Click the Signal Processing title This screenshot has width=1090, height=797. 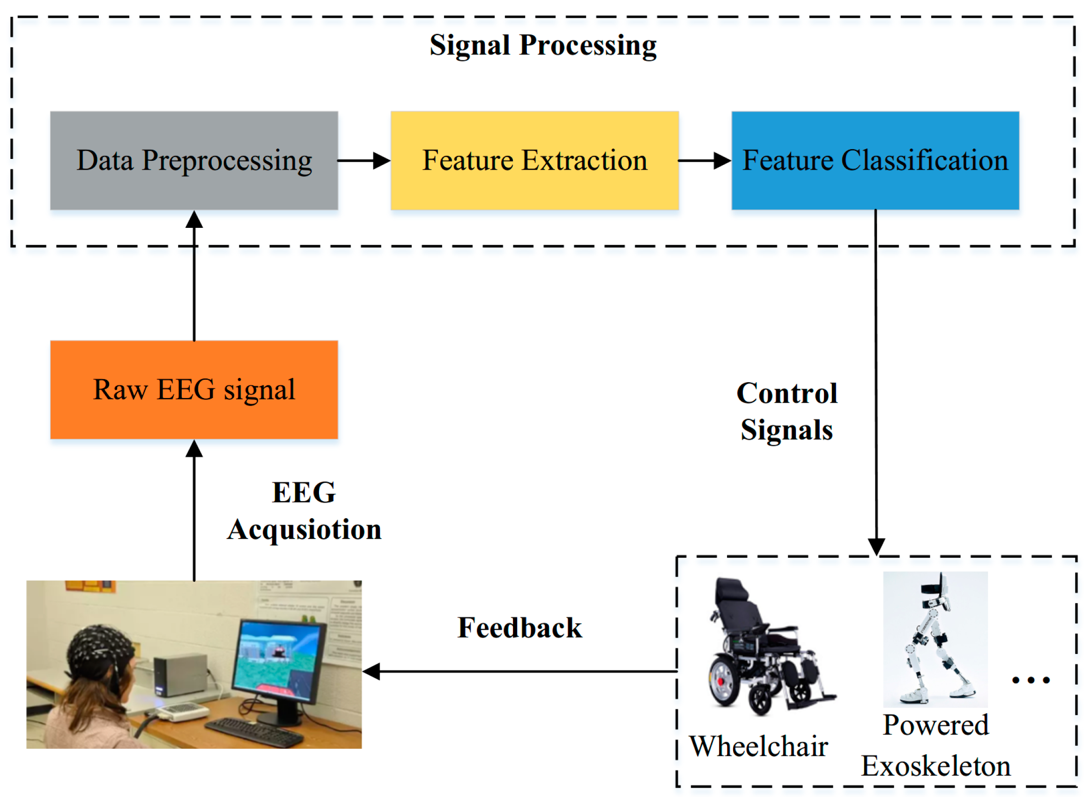(543, 45)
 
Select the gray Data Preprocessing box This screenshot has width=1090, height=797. (194, 161)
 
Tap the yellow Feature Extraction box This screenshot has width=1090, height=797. (534, 161)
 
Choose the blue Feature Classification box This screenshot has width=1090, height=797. (875, 161)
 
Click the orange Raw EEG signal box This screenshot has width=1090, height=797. (194, 390)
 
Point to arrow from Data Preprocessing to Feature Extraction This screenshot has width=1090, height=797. (364, 161)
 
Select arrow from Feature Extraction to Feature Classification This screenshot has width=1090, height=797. (704, 161)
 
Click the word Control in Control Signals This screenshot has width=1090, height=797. (786, 393)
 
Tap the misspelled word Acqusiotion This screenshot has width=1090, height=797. (304, 530)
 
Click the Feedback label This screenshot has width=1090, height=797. (519, 628)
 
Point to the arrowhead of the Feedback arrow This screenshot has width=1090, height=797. (371, 671)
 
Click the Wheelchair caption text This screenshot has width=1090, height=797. (758, 746)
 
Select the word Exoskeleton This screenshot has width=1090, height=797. (935, 766)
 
